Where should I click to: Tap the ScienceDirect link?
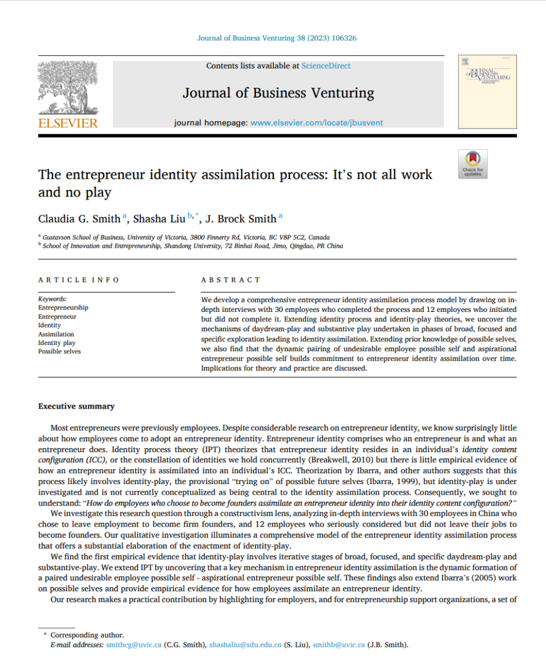[x=326, y=66]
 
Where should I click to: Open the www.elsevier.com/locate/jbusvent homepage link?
[x=316, y=123]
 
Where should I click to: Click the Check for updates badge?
[x=472, y=164]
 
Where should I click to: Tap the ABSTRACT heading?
[x=231, y=280]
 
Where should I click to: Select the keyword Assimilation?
[x=56, y=334]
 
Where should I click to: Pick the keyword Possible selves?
[x=59, y=352]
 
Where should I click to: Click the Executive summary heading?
[x=76, y=406]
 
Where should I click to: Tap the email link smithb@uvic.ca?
[x=338, y=644]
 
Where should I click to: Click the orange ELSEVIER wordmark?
[x=67, y=123]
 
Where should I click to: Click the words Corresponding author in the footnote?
[x=87, y=635]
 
